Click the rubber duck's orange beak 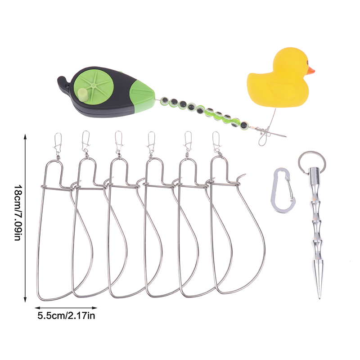pos(311,71)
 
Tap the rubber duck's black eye pos(307,62)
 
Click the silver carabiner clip pos(283,190)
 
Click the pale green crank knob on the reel pos(82,94)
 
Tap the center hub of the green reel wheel pos(93,85)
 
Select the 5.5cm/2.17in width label pos(66,316)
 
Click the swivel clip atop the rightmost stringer pos(216,143)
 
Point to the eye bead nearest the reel pos(165,100)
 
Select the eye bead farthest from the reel pos(243,125)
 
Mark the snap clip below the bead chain pos(264,137)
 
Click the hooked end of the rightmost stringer pos(242,176)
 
